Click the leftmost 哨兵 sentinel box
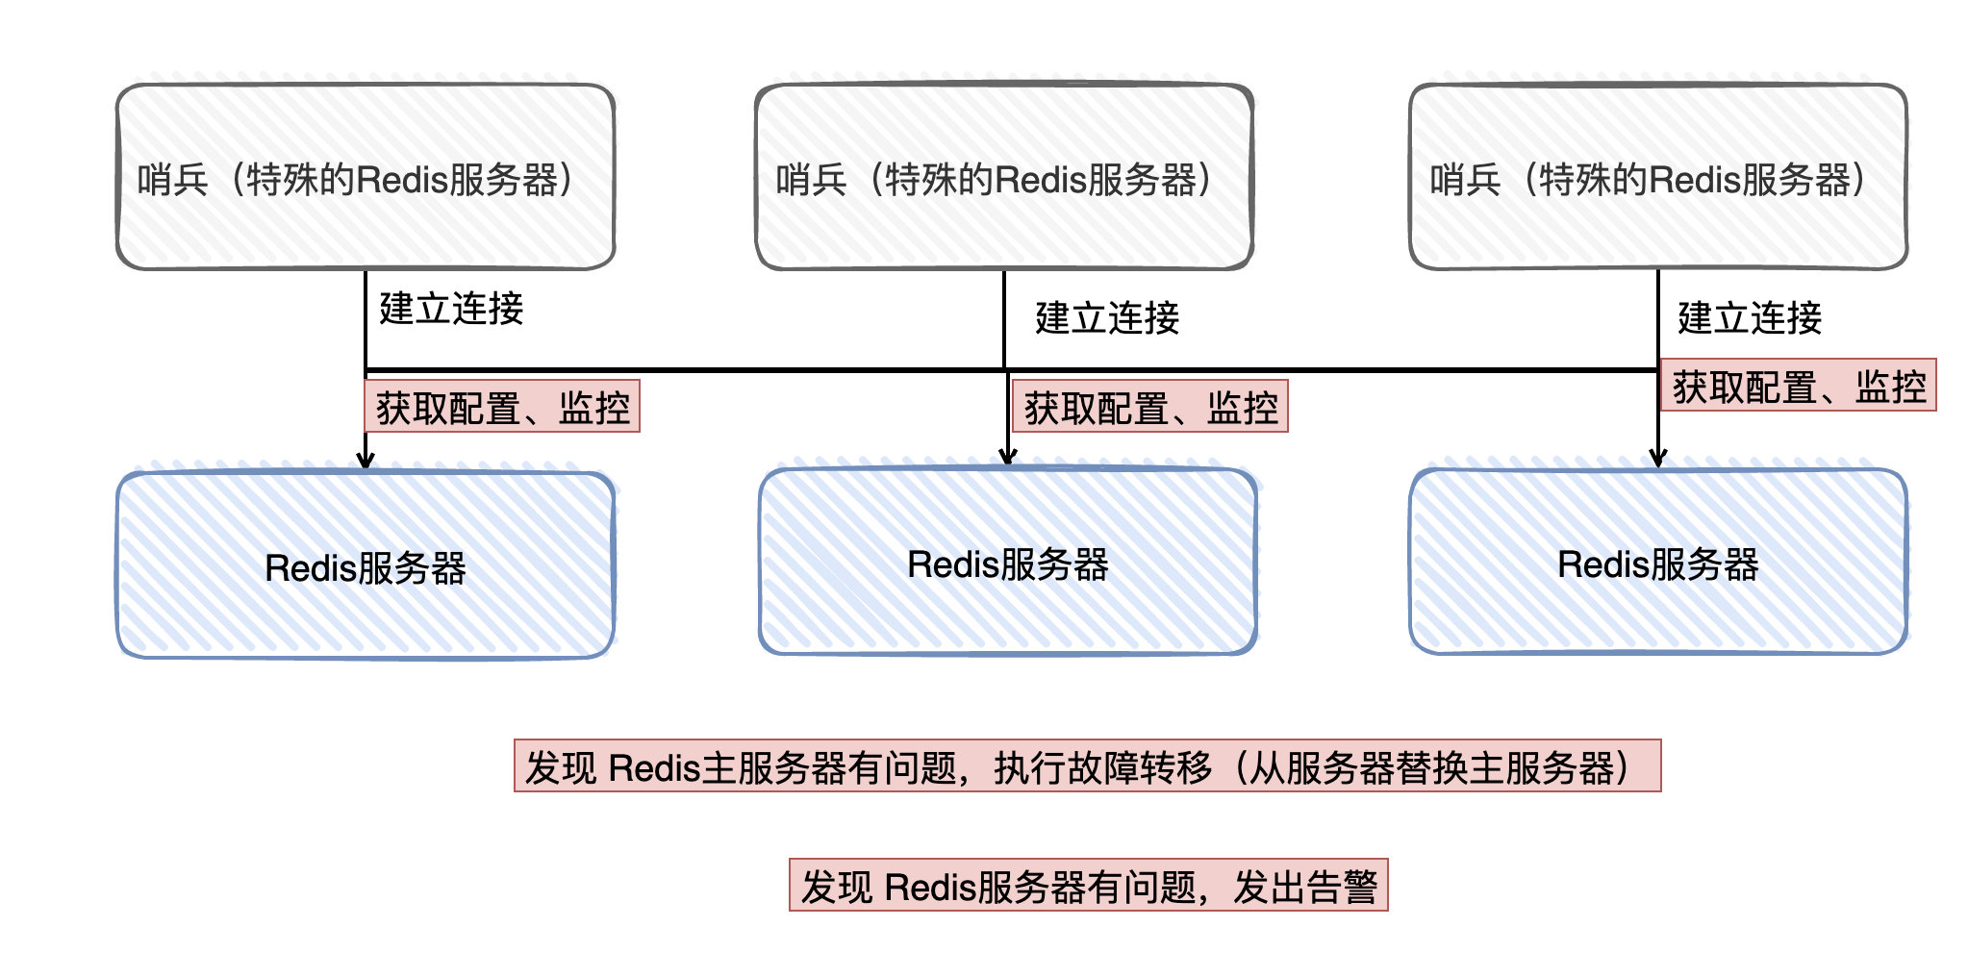point(366,177)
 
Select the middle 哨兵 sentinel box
point(1004,177)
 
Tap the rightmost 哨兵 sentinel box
point(1658,177)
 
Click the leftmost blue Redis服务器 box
point(366,565)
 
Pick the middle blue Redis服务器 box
point(1008,562)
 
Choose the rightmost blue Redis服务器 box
point(1658,562)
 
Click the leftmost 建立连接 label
point(451,309)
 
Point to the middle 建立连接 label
point(1107,318)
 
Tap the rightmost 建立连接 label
point(1750,318)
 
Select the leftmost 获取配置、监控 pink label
point(502,407)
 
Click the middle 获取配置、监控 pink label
point(1150,407)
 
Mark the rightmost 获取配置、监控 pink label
point(1799,386)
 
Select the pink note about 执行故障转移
point(1088,765)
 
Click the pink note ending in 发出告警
point(1089,885)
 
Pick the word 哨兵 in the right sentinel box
point(1466,180)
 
